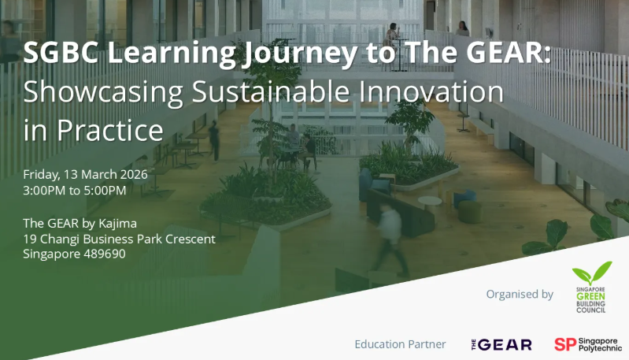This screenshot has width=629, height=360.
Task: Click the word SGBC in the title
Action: pyautogui.click(x=57, y=54)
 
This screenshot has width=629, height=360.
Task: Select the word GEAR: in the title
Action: pyautogui.click(x=495, y=54)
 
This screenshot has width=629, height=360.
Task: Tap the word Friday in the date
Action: pyautogui.click(x=42, y=174)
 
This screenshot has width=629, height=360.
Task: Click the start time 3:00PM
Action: pyautogui.click(x=48, y=190)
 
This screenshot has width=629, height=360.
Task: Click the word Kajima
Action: pyautogui.click(x=115, y=224)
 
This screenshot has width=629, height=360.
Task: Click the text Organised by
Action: pyautogui.click(x=520, y=295)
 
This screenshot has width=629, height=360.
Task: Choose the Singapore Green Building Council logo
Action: pyautogui.click(x=591, y=288)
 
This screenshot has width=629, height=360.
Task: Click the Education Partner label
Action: pyautogui.click(x=400, y=344)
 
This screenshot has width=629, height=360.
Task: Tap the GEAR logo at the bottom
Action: pyautogui.click(x=501, y=344)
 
